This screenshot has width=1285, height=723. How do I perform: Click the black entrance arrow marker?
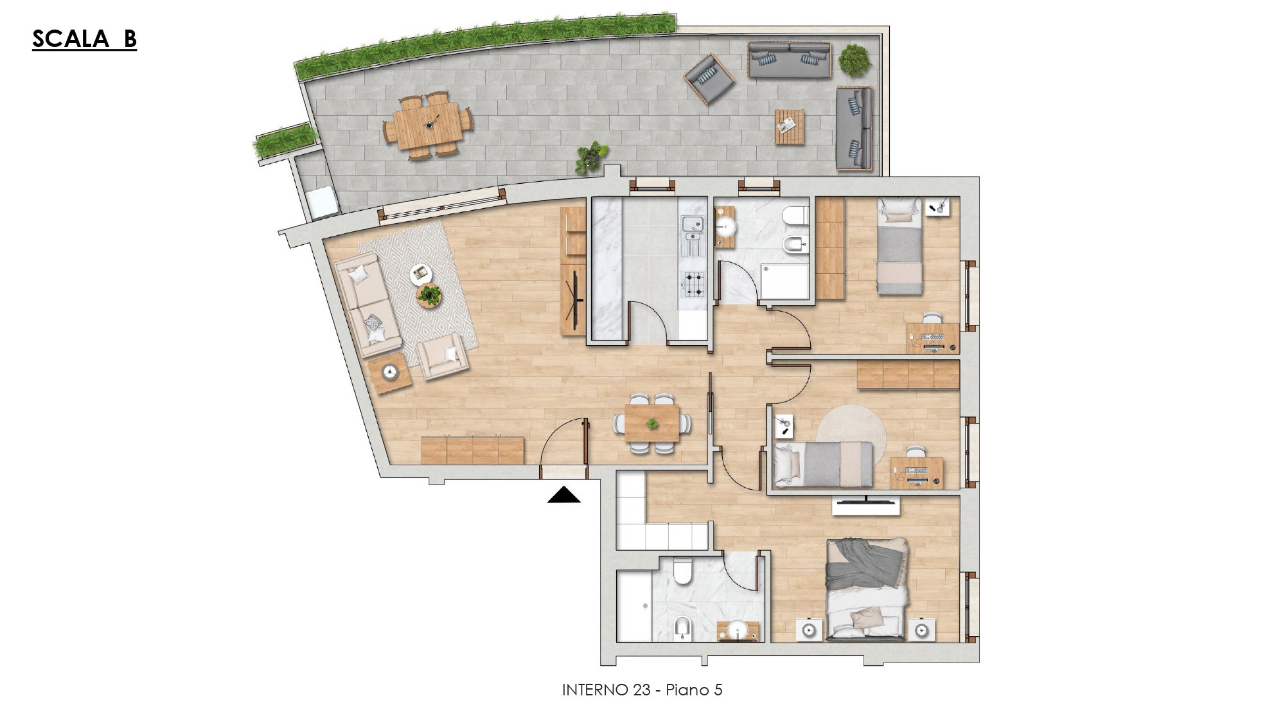click(564, 495)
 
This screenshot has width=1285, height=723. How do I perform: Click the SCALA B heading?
click(84, 39)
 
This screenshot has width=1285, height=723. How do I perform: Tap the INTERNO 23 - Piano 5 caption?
click(642, 690)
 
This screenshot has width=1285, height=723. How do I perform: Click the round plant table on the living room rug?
click(429, 296)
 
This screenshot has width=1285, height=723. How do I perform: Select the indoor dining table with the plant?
click(652, 424)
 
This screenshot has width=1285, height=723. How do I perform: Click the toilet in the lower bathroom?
click(683, 571)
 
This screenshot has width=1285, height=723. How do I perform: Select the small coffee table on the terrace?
click(790, 127)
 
